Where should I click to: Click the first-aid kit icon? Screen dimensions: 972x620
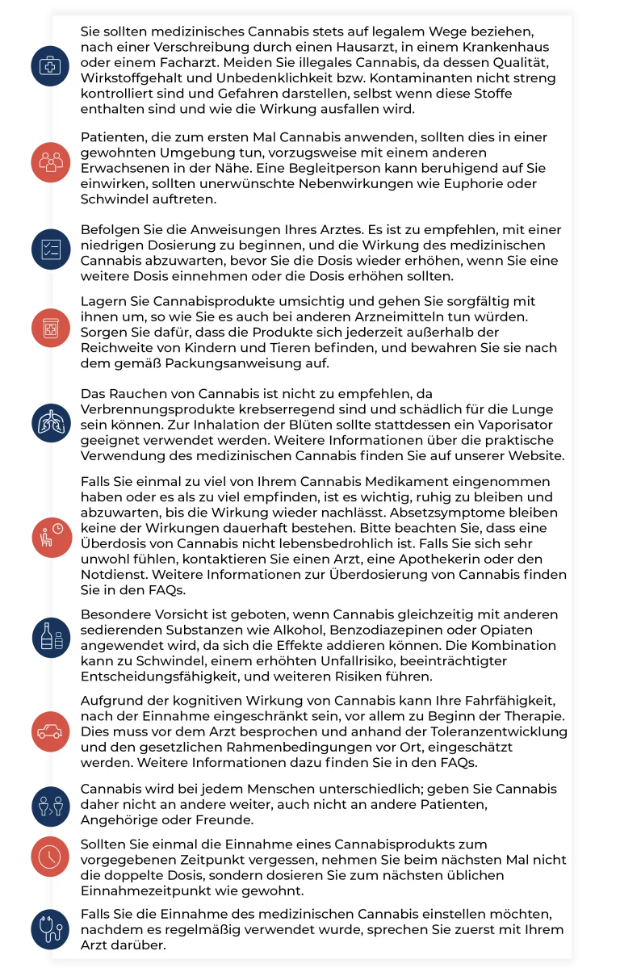[50, 65]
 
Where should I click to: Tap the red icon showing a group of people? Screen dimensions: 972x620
[50, 161]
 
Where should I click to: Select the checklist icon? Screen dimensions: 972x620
[50, 249]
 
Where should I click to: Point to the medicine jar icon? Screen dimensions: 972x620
[50, 327]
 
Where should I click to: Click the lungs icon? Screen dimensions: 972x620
[50, 421]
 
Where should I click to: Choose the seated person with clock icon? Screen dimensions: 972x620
[50, 536]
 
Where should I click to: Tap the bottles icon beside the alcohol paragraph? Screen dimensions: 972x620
[50, 636]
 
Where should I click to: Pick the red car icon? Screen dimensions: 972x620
[50, 731]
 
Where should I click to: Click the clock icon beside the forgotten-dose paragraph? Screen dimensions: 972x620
[50, 855]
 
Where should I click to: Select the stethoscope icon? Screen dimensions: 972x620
[50, 928]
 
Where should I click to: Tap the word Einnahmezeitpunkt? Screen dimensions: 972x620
[148, 890]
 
